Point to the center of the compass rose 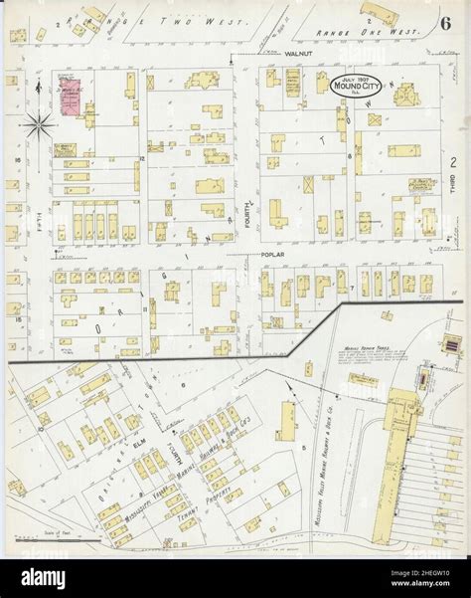[x=40, y=125]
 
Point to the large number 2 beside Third [x=452, y=162]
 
